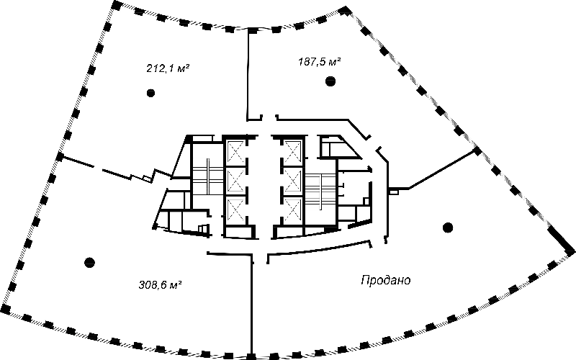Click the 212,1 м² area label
click(x=168, y=68)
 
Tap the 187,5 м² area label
click(x=319, y=61)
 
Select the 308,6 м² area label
click(x=161, y=284)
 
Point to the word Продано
click(x=385, y=280)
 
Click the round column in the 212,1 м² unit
click(x=150, y=93)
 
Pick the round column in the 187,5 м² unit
click(x=330, y=81)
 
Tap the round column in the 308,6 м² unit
click(x=89, y=262)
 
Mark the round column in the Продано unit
click(x=447, y=228)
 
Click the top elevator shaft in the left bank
click(x=236, y=153)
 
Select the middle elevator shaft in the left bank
click(x=236, y=181)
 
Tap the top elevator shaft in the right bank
click(x=293, y=153)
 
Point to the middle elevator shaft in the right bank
click(x=293, y=181)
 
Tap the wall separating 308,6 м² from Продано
click(x=251, y=305)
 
